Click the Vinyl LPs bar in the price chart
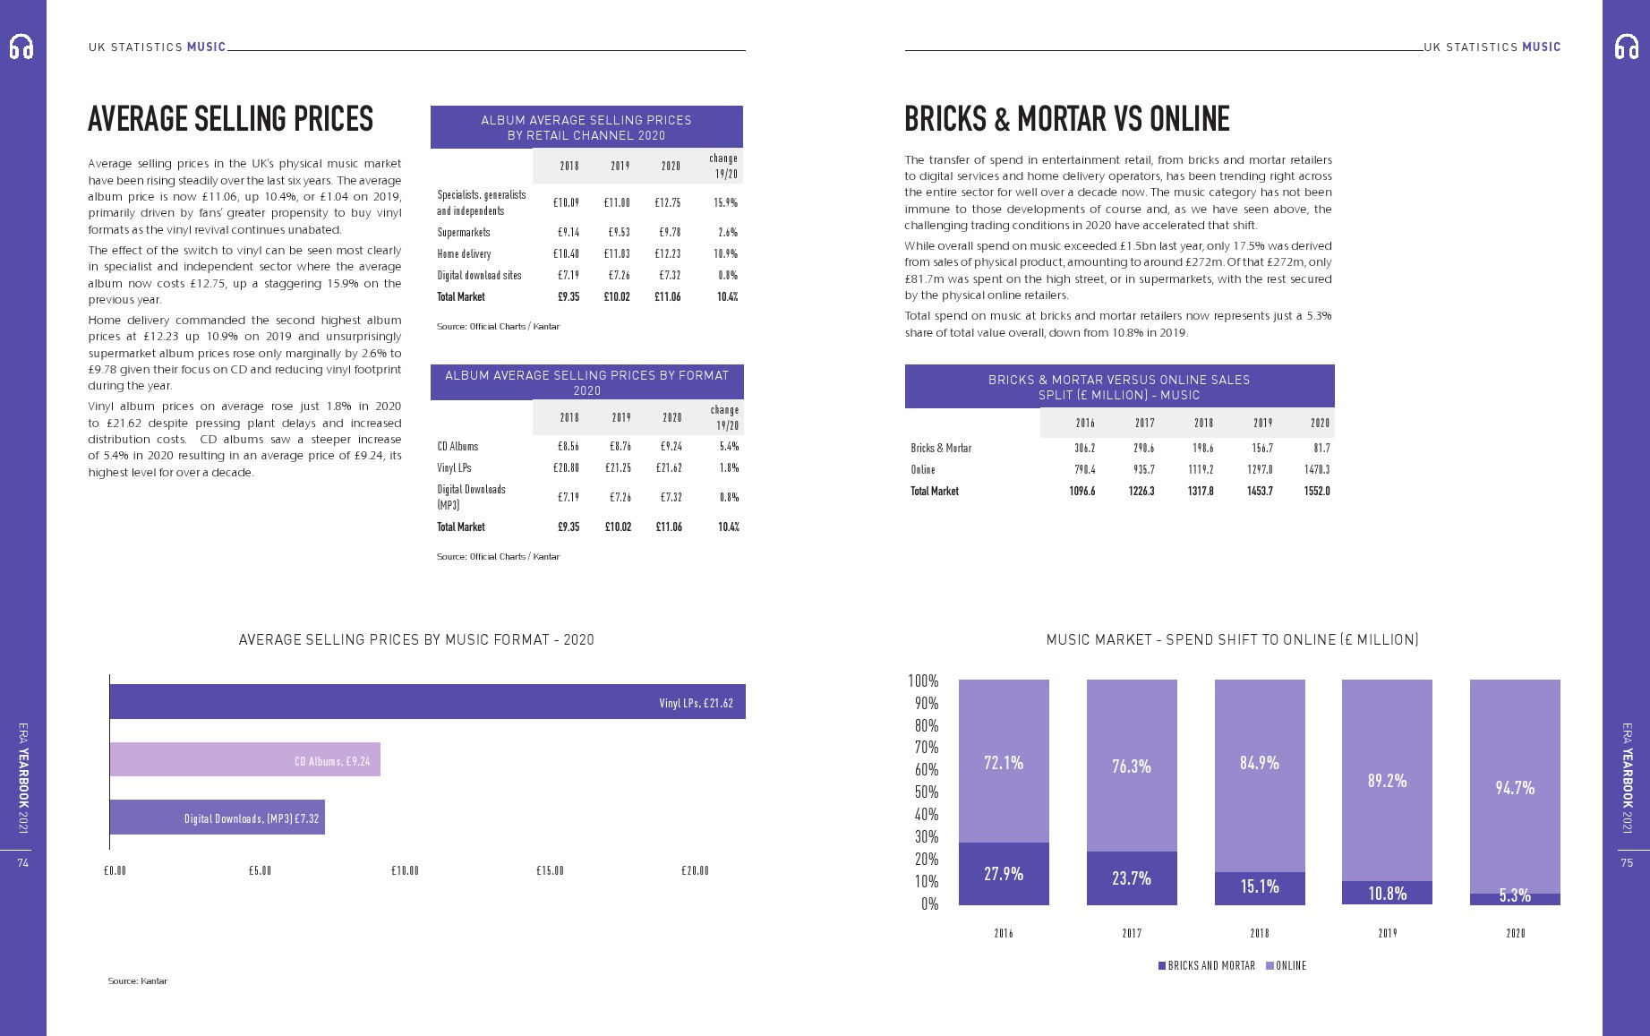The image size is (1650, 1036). [x=427, y=702]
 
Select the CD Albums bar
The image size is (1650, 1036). [x=244, y=760]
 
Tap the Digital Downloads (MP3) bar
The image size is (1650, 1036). [x=217, y=818]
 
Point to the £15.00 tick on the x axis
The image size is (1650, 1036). [x=550, y=870]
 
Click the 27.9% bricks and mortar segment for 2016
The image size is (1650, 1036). [x=1004, y=874]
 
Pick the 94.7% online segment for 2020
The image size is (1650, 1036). [x=1515, y=787]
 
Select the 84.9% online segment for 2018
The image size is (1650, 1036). [x=1259, y=775]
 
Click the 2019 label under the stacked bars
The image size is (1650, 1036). [x=1387, y=933]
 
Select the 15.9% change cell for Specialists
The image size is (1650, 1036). [x=725, y=202]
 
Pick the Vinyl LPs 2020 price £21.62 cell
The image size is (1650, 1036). [x=669, y=467]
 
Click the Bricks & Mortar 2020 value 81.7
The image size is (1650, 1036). [x=1321, y=448]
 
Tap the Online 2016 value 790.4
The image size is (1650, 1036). [x=1084, y=469]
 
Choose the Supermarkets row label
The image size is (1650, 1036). [x=464, y=232]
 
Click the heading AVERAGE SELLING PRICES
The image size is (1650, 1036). [x=230, y=119]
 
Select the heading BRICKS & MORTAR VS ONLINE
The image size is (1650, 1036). [x=1066, y=119]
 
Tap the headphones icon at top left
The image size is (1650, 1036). [x=21, y=47]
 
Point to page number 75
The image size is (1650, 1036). [x=1627, y=862]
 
